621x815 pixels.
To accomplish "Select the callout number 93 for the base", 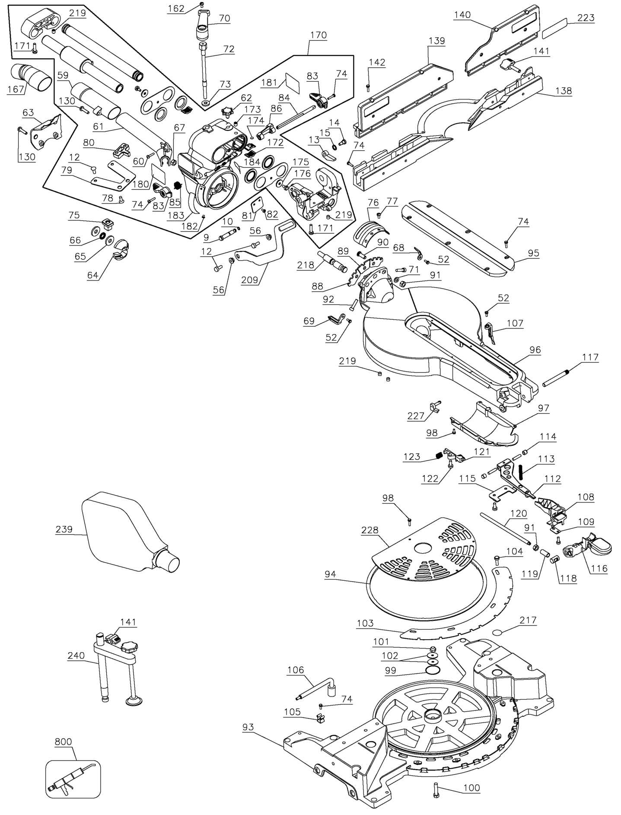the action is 248,727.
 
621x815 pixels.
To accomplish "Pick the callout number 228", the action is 370,530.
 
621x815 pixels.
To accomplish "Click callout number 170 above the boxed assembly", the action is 318,35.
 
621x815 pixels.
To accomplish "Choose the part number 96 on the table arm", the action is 535,350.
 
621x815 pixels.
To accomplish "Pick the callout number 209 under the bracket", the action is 250,280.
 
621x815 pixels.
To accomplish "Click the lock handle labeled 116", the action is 587,548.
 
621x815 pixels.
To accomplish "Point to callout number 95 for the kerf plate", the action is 533,253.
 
